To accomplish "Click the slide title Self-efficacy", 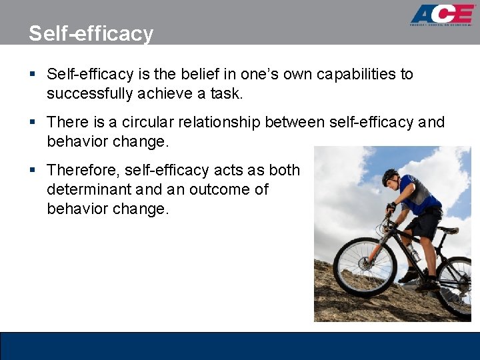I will [x=91, y=33].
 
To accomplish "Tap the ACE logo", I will [x=442, y=15].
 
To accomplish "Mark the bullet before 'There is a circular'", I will [x=33, y=123].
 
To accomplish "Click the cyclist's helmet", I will [x=390, y=176].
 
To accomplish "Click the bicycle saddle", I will [x=447, y=230].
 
